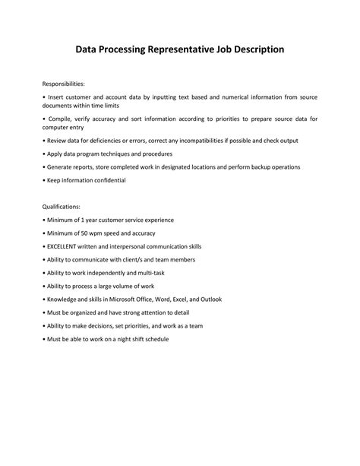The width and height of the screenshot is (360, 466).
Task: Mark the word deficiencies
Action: coord(99,141)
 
